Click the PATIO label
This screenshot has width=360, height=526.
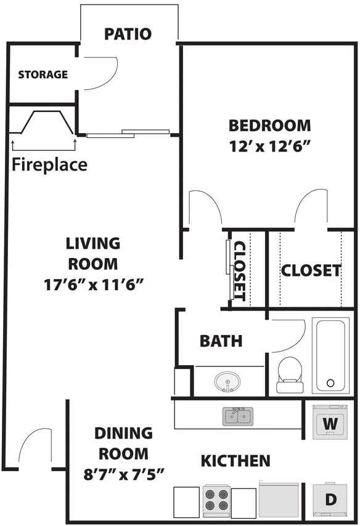(128, 34)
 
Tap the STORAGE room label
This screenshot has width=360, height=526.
(43, 75)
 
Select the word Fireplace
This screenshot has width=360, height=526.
(49, 164)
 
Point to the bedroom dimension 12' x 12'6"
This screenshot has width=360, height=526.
(269, 147)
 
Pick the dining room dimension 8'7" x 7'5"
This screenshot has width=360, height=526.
(123, 474)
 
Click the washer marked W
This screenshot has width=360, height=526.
(330, 422)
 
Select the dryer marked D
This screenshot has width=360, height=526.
(330, 499)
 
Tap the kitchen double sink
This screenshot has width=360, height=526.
(238, 416)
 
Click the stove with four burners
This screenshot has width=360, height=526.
(217, 501)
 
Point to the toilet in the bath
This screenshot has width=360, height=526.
(290, 374)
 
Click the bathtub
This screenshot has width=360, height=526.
(331, 355)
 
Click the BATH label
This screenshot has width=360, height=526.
(221, 341)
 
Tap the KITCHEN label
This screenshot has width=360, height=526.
(235, 461)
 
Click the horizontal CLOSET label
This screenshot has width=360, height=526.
(311, 271)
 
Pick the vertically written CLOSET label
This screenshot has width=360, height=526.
(240, 272)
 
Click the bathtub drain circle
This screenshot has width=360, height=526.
(330, 382)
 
